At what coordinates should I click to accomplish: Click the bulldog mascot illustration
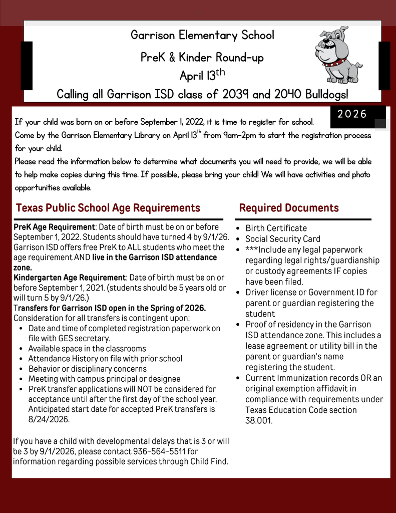pyautogui.click(x=337, y=55)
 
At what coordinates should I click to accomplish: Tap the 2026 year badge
pyautogui.click(x=352, y=114)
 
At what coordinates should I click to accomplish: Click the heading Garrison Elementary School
pyautogui.click(x=202, y=36)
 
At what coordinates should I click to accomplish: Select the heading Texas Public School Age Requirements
pyautogui.click(x=108, y=208)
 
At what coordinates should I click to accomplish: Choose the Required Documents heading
pyautogui.click(x=289, y=208)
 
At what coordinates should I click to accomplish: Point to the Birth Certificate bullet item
pyautogui.click(x=276, y=228)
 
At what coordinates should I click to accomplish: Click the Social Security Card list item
pyautogui.click(x=282, y=239)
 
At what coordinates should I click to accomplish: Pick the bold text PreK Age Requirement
pyautogui.click(x=54, y=227)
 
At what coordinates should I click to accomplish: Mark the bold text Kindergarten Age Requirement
pyautogui.click(x=70, y=278)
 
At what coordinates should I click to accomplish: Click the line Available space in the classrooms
pyautogui.click(x=87, y=348)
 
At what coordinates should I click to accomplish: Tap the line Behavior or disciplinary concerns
pyautogui.click(x=87, y=369)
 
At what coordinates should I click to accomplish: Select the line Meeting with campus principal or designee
pyautogui.click(x=104, y=379)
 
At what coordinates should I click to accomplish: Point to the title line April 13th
pyautogui.click(x=202, y=76)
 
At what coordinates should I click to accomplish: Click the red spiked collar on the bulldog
pyautogui.click(x=334, y=63)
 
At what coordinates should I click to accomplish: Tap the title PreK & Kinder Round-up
pyautogui.click(x=202, y=58)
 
